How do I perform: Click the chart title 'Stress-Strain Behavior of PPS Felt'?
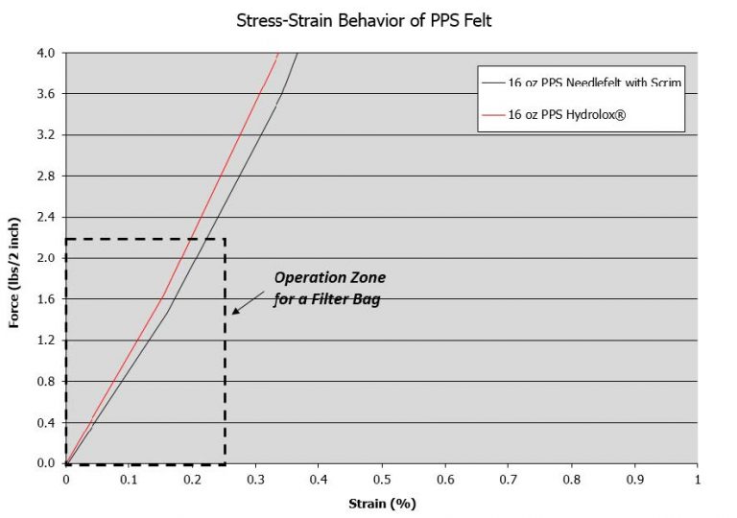pyautogui.click(x=364, y=20)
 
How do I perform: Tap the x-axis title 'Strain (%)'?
pyautogui.click(x=381, y=503)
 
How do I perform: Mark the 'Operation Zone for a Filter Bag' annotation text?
pyautogui.click(x=329, y=286)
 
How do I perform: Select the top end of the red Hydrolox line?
pyautogui.click(x=278, y=54)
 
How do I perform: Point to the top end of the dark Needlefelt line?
pyautogui.click(x=297, y=54)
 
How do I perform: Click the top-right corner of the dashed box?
pyautogui.click(x=225, y=239)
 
